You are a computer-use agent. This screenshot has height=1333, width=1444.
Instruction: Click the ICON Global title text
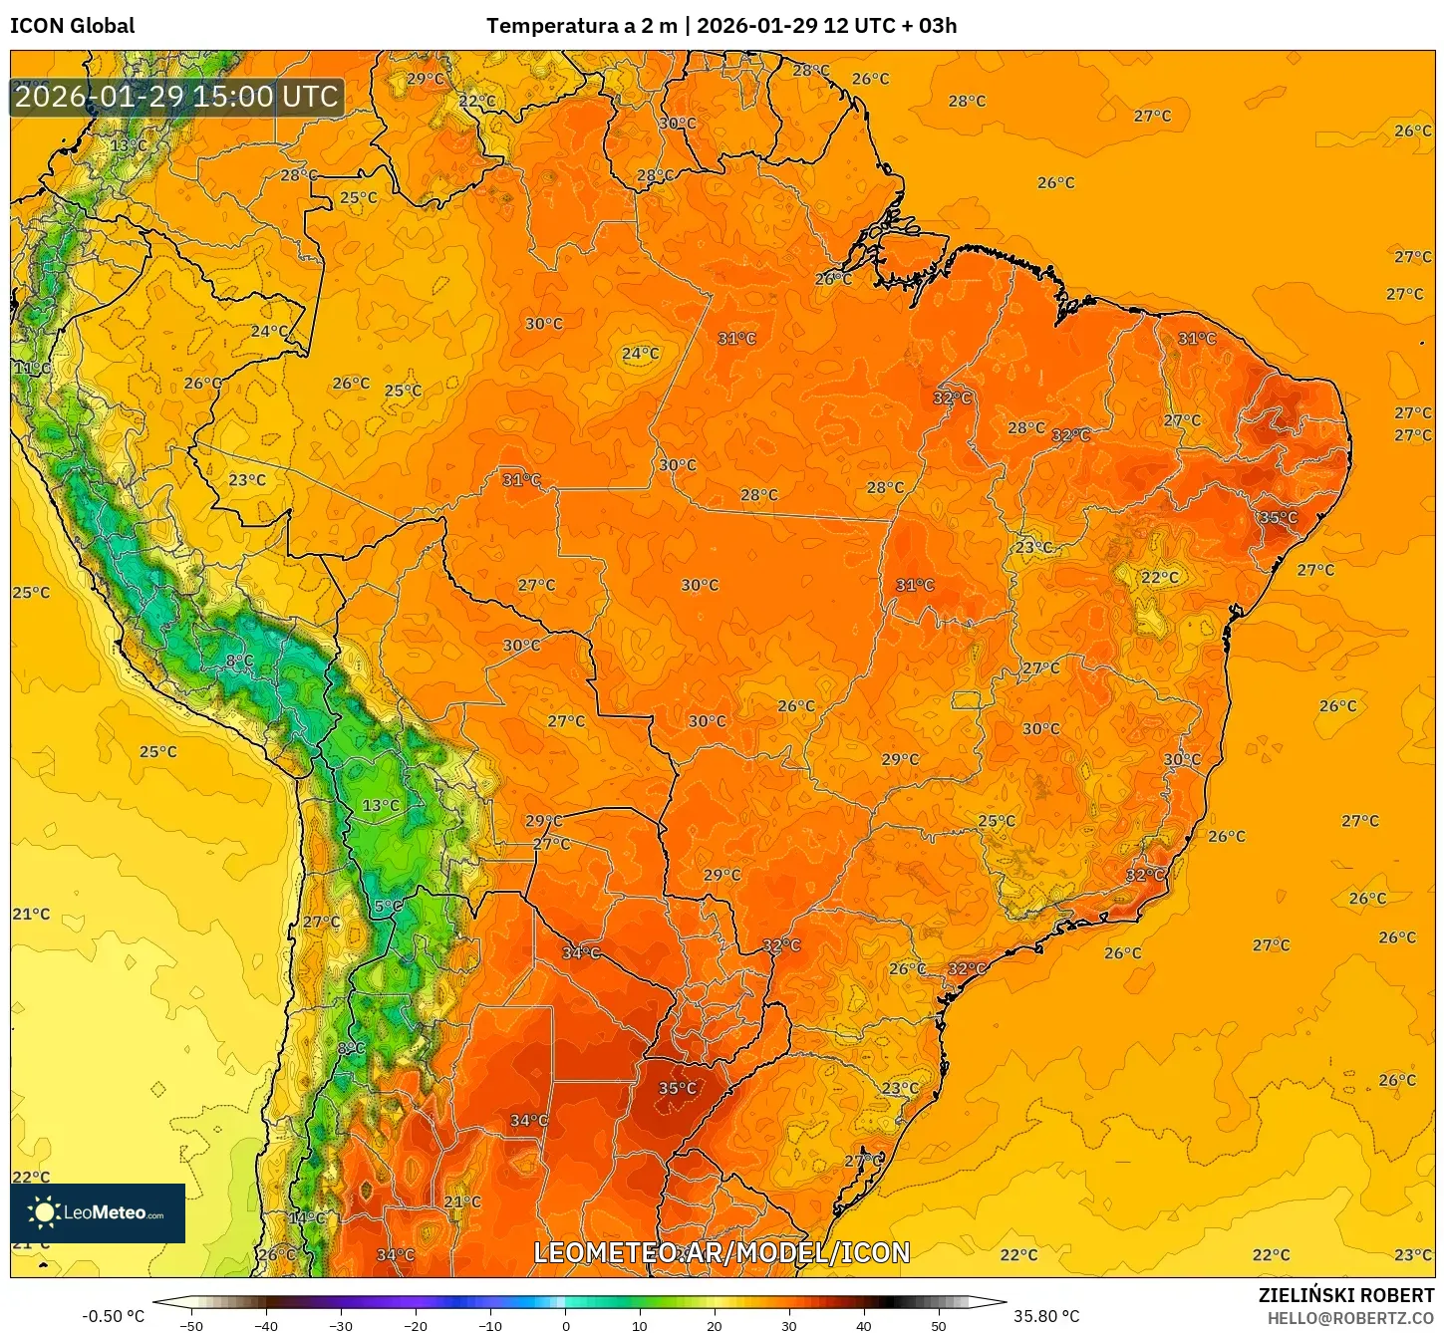click(72, 26)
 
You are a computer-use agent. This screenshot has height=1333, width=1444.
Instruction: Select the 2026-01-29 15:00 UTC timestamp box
click(176, 97)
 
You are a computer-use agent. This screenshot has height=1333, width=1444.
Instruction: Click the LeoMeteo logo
click(98, 1212)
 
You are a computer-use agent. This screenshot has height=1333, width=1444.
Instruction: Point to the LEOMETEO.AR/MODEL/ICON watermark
click(722, 1252)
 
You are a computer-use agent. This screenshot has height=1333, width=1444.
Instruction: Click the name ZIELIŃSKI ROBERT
click(1345, 1295)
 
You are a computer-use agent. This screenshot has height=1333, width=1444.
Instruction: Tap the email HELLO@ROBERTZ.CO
click(1350, 1318)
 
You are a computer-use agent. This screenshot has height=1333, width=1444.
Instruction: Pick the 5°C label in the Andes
click(388, 907)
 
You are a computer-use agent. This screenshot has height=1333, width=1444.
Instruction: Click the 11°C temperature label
click(31, 369)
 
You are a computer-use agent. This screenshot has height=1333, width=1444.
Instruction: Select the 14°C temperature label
click(307, 1217)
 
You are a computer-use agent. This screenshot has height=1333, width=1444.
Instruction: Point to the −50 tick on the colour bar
click(190, 1325)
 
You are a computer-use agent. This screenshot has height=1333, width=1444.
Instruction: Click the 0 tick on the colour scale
click(565, 1325)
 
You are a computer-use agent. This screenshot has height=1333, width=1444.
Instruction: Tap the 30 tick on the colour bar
click(789, 1325)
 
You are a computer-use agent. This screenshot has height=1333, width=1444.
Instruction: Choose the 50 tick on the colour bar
click(939, 1325)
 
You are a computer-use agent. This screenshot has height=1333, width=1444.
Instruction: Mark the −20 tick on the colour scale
click(415, 1325)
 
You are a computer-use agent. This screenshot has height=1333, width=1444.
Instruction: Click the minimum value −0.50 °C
click(113, 1316)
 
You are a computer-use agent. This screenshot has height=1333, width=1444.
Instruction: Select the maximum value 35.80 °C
click(1046, 1316)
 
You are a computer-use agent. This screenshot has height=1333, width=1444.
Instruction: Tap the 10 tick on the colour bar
click(640, 1325)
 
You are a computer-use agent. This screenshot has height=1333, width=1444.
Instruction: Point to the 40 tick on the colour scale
click(864, 1325)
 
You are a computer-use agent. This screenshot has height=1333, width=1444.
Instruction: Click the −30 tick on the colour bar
click(340, 1325)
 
